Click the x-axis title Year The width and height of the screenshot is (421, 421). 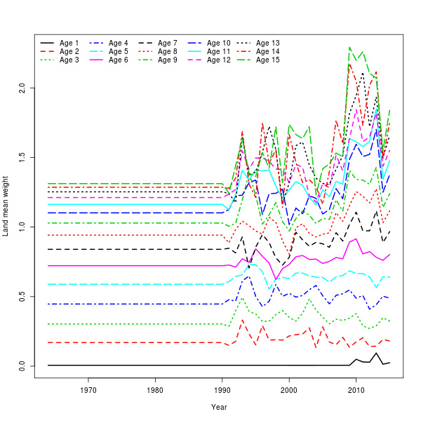219,407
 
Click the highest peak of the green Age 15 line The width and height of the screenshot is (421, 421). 349,48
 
